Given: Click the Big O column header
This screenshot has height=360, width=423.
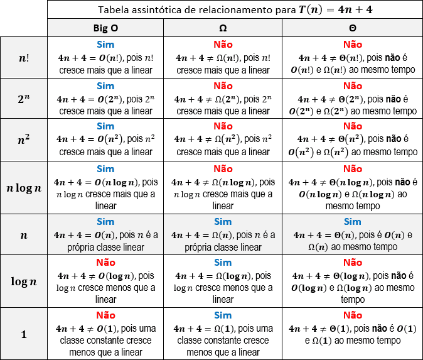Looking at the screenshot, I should [x=105, y=28].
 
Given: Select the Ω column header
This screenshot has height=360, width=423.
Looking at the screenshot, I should [x=223, y=28].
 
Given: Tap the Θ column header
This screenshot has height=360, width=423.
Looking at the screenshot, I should [x=353, y=28].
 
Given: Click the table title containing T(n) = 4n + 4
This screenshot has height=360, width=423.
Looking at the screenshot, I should [x=235, y=9].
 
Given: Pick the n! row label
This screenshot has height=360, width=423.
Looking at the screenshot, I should [x=24, y=57].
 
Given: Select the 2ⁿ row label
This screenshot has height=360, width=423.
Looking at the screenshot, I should [x=24, y=98].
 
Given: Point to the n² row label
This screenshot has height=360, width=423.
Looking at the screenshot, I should [x=24, y=139].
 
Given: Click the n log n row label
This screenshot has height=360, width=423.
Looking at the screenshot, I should [x=24, y=187].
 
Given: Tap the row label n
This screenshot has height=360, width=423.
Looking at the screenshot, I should [x=24, y=234].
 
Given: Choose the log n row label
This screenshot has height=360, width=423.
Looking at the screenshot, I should [x=24, y=281].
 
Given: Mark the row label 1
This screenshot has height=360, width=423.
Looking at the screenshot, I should [x=24, y=334].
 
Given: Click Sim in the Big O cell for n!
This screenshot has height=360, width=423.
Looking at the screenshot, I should [x=105, y=45].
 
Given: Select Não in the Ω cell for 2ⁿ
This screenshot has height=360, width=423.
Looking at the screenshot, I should [x=223, y=85].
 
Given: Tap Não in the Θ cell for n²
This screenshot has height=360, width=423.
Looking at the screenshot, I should [x=353, y=126].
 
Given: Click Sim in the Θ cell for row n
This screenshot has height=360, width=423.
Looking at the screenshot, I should [x=353, y=221].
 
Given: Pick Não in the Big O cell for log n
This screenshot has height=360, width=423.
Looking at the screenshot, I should [x=105, y=262].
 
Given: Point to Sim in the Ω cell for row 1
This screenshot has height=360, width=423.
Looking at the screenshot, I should [x=223, y=315].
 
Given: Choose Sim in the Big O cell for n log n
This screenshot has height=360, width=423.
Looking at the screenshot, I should [x=105, y=168].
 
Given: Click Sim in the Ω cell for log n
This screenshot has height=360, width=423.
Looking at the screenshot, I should [x=223, y=262].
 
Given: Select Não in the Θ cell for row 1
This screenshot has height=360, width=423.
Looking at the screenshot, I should [x=353, y=315].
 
